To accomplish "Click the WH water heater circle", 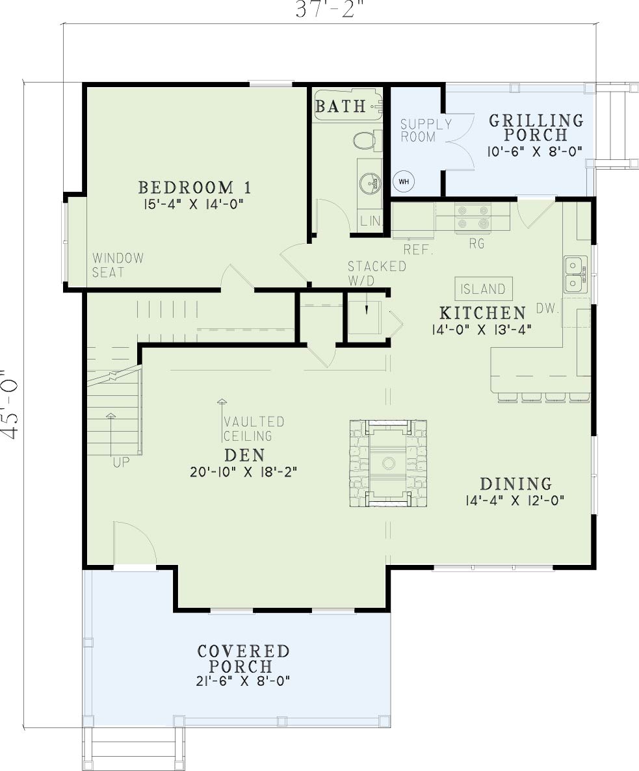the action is [x=404, y=181].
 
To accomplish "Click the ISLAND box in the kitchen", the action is [x=483, y=289].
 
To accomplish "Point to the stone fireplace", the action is [x=388, y=464].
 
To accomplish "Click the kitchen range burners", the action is [x=473, y=217].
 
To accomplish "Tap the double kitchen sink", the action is [x=575, y=275].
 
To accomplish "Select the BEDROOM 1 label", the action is [x=194, y=187].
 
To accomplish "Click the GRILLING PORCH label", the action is [x=536, y=127].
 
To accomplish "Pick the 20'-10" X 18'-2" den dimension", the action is [x=244, y=472].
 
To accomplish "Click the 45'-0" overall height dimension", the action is [x=11, y=404].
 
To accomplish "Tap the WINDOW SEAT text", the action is [x=118, y=265].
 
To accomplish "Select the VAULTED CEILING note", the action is [x=254, y=429].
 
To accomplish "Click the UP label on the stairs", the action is [x=121, y=463].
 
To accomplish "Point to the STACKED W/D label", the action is [x=377, y=274].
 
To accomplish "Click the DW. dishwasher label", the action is [x=547, y=309].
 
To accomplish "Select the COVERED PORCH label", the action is [x=243, y=659].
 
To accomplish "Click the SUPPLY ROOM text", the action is [x=426, y=130].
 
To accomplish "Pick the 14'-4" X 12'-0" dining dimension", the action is [x=515, y=501].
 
